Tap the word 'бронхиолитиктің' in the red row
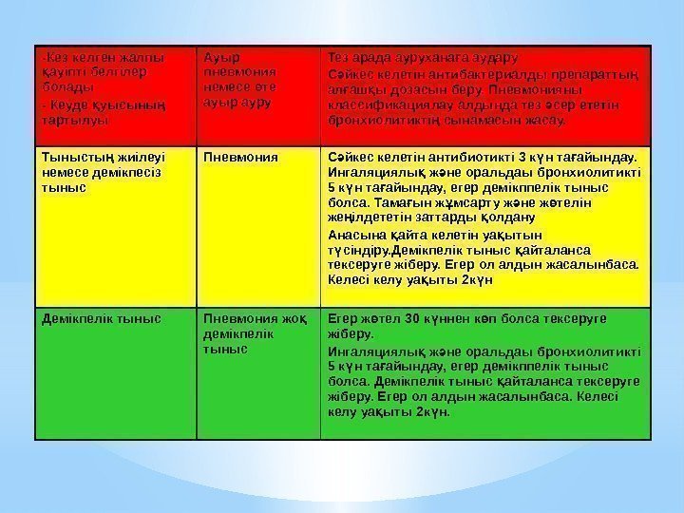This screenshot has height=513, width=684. point(376,122)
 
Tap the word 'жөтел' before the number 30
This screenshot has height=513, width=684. point(370,317)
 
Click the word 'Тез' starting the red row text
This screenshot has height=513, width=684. point(338,56)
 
